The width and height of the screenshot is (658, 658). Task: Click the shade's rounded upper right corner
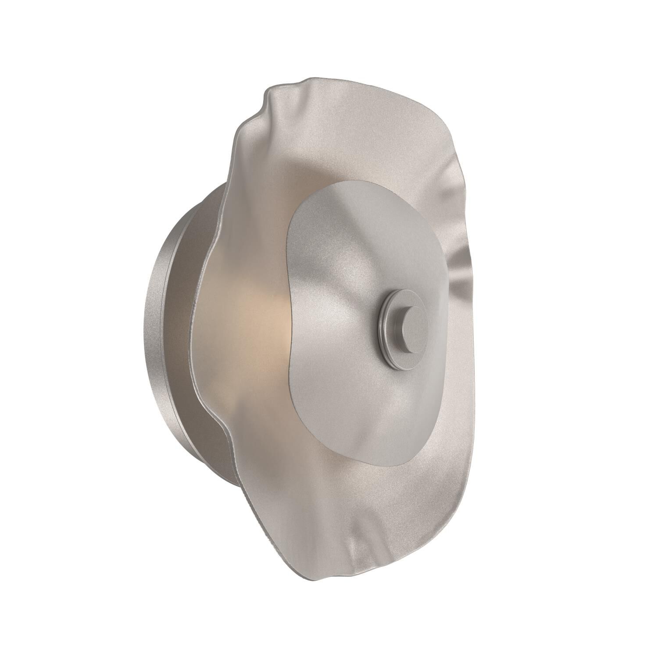(443, 132)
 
